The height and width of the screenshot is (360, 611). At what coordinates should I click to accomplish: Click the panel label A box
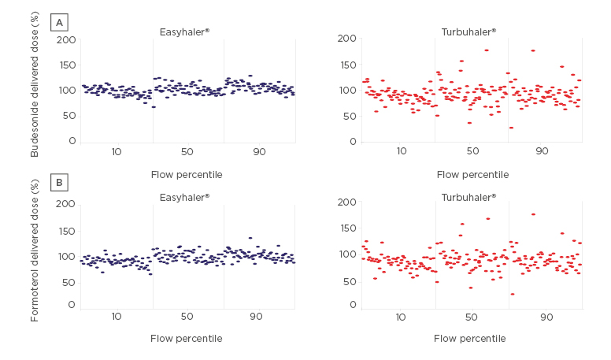pyautogui.click(x=59, y=22)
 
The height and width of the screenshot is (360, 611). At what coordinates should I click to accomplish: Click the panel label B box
pyautogui.click(x=59, y=184)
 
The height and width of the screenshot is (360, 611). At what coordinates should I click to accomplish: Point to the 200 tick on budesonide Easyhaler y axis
pyautogui.click(x=68, y=40)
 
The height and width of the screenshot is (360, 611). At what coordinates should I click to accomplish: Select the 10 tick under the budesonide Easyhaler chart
pyautogui.click(x=117, y=150)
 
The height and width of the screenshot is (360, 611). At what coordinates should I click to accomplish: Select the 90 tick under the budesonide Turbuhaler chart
pyautogui.click(x=542, y=150)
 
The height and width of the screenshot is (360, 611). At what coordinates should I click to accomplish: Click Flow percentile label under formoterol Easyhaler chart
pyautogui.click(x=187, y=339)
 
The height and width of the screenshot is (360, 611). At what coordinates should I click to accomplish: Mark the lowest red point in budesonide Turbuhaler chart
pyautogui.click(x=511, y=128)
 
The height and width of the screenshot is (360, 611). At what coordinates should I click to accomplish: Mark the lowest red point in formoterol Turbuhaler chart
pyautogui.click(x=512, y=294)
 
